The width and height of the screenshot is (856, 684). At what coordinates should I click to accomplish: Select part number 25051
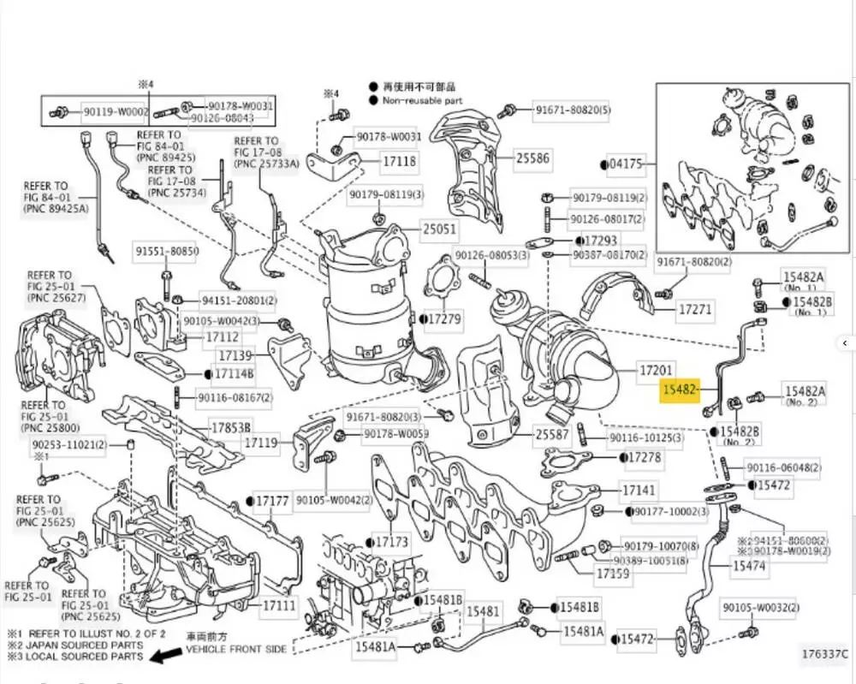tap(438, 229)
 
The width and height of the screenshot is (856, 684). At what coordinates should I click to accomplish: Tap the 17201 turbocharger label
tap(657, 371)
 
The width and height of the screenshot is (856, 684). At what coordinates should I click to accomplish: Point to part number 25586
tap(532, 158)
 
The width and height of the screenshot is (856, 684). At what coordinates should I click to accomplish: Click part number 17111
tap(279, 605)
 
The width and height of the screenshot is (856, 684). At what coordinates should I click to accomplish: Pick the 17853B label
tap(231, 426)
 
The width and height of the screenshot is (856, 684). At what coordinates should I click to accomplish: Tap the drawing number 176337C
tap(824, 656)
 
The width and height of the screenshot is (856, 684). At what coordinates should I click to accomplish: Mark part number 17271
tap(695, 307)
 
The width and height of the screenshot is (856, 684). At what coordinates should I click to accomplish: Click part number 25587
tap(552, 435)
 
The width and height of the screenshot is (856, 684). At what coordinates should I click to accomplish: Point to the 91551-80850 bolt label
tap(166, 252)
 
